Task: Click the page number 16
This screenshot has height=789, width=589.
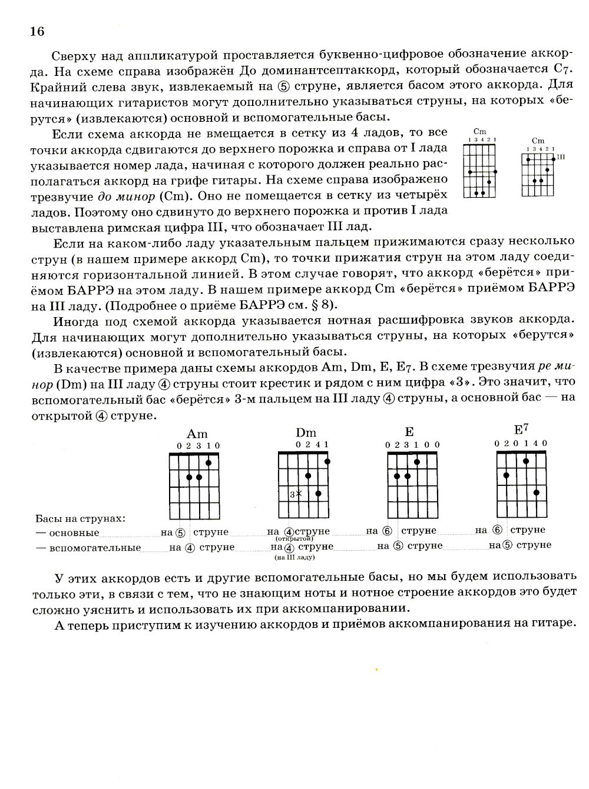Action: [x=37, y=31]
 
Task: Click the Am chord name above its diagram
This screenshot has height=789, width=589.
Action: [x=197, y=434]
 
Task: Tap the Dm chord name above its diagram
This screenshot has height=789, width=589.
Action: [x=306, y=433]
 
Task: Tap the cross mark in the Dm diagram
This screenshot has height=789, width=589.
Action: [x=299, y=494]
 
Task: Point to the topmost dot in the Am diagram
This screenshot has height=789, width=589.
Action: [x=209, y=462]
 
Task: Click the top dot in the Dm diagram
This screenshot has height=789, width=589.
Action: [x=327, y=461]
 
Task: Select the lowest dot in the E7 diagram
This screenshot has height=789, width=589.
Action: [x=537, y=492]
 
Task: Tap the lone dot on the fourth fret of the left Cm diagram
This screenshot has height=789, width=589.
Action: [x=489, y=182]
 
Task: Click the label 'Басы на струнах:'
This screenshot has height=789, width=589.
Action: [x=81, y=518]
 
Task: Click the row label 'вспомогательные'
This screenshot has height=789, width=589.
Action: [x=95, y=548]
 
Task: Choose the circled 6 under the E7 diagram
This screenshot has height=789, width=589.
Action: [x=498, y=530]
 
